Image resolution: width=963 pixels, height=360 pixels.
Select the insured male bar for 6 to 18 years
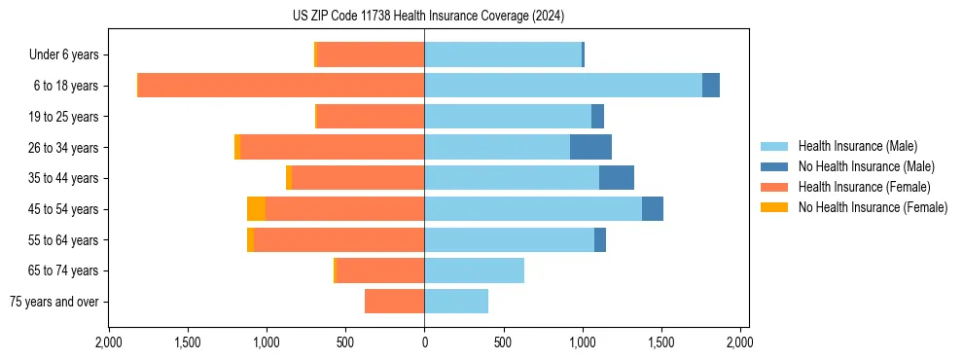[562, 86]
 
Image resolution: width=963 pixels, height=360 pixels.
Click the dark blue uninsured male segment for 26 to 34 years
[590, 147]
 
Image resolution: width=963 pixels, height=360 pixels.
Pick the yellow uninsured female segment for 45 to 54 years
[256, 209]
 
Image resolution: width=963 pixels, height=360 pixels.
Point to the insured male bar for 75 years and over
[456, 302]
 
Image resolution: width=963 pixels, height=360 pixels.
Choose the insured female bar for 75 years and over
[394, 302]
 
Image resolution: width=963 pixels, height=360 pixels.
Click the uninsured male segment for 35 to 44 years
[617, 178]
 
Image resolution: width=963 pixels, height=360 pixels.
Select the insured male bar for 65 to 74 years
[474, 270]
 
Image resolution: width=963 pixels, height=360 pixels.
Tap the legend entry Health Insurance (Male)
[857, 146]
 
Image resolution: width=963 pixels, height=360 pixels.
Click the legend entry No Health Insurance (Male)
[866, 166]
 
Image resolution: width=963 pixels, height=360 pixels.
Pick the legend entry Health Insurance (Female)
[864, 187]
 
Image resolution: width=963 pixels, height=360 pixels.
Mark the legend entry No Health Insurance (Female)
[873, 207]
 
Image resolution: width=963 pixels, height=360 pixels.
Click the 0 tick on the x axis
[424, 343]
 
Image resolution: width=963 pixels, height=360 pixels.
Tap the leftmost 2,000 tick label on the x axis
[109, 343]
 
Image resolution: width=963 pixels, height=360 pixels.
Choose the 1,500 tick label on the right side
[661, 343]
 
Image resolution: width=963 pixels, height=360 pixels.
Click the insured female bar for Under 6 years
[371, 55]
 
